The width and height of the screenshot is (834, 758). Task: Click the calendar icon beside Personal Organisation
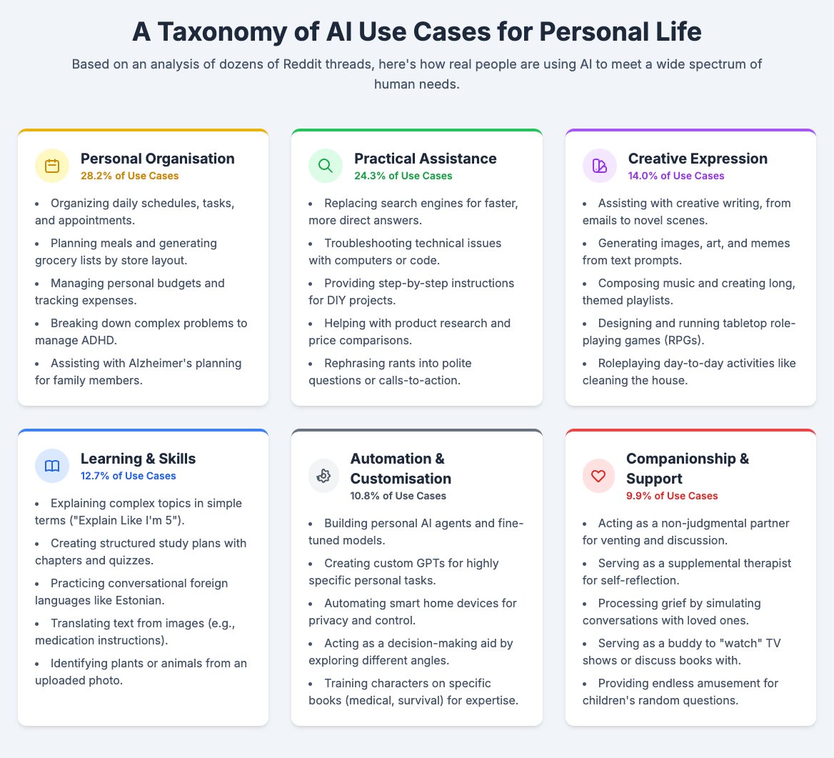(x=52, y=166)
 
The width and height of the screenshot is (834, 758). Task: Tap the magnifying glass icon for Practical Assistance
(x=326, y=166)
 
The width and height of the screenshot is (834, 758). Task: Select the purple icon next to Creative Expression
(x=600, y=166)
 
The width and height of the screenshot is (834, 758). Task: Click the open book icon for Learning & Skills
(x=52, y=466)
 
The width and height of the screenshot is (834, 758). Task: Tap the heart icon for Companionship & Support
(x=600, y=476)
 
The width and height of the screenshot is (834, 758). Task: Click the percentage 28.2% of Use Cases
(x=119, y=176)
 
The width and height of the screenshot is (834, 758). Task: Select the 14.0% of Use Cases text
(x=676, y=176)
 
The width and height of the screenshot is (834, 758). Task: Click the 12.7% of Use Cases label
(x=128, y=476)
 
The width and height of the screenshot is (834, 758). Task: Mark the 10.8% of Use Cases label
(x=398, y=496)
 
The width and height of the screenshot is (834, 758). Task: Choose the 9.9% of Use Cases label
(x=672, y=496)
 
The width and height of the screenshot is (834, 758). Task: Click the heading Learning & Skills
(x=138, y=458)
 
